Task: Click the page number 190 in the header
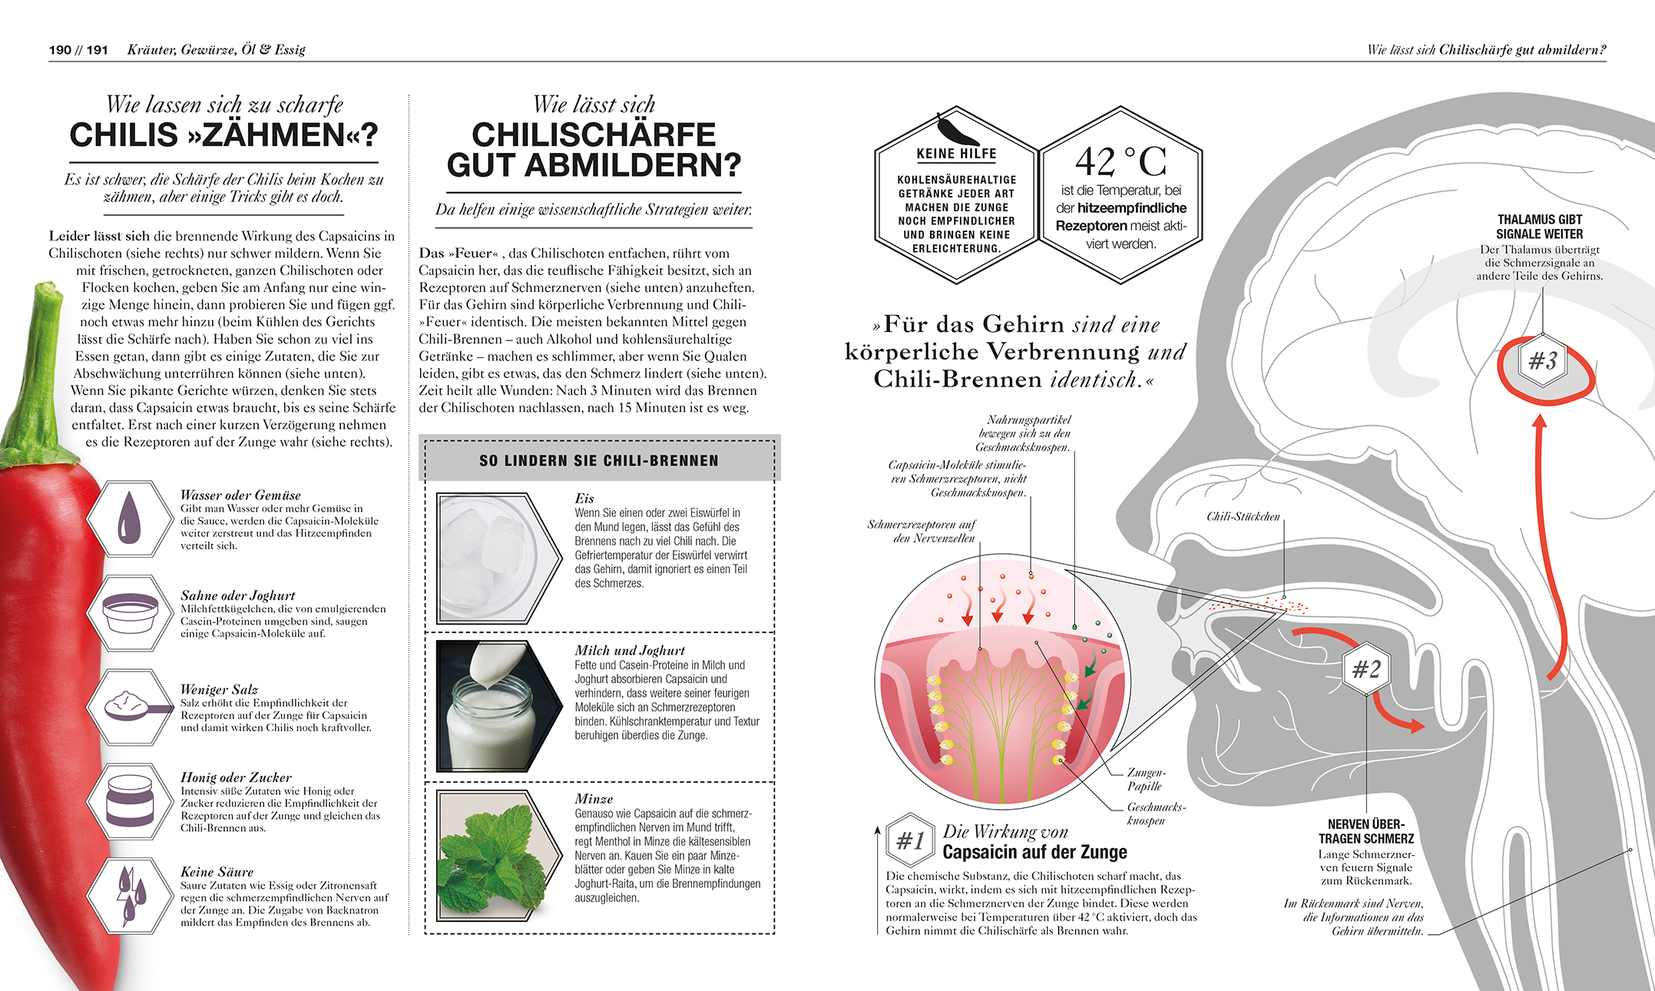tap(60, 50)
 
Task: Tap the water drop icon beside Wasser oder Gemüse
tap(129, 518)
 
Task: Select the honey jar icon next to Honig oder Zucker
tap(130, 800)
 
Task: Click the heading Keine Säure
tap(217, 872)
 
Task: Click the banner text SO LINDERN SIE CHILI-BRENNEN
tap(599, 461)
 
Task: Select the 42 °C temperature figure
tap(1120, 162)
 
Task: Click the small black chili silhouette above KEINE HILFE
tap(957, 129)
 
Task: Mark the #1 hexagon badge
tap(910, 840)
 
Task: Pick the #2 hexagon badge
tap(1366, 669)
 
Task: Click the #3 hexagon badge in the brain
tap(1543, 360)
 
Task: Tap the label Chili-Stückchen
tap(1243, 516)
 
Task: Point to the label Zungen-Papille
tap(1146, 779)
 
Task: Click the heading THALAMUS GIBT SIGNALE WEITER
tap(1539, 227)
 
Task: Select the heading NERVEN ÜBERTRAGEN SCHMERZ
tap(1366, 831)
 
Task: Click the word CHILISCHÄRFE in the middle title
tap(594, 135)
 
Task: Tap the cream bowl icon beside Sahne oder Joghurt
tap(130, 612)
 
